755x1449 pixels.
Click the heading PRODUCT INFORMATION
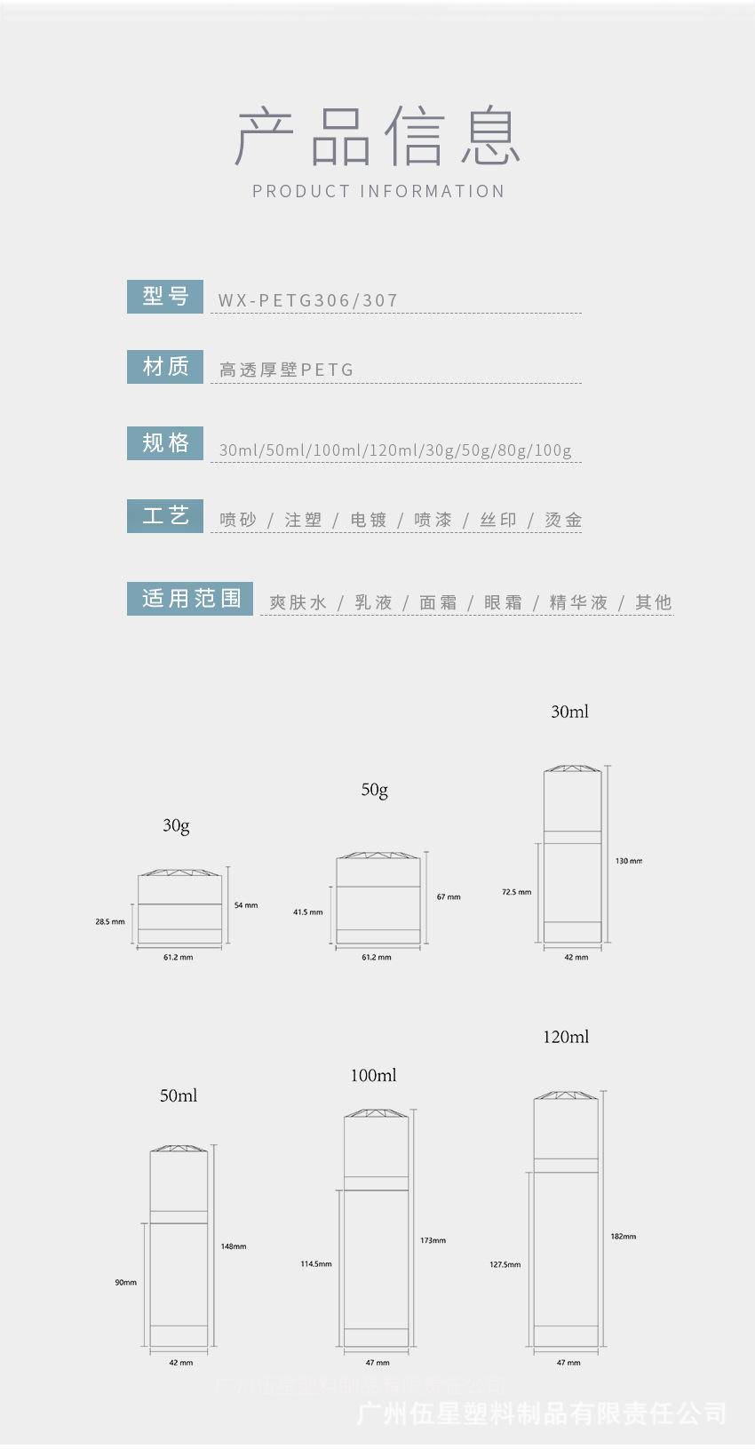pyautogui.click(x=377, y=191)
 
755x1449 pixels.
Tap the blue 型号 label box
pyautogui.click(x=165, y=296)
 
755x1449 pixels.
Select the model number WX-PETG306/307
pyautogui.click(x=307, y=300)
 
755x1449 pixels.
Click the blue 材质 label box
pyautogui.click(x=165, y=366)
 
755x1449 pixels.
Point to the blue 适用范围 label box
pyautogui.click(x=190, y=598)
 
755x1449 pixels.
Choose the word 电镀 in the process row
pyautogui.click(x=369, y=520)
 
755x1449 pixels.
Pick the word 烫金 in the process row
pyautogui.click(x=563, y=520)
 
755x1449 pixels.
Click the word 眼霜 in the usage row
pyautogui.click(x=503, y=602)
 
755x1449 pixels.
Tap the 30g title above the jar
pyautogui.click(x=176, y=825)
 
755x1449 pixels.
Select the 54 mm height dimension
pyautogui.click(x=246, y=905)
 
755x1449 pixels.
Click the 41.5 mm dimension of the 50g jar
pyautogui.click(x=308, y=912)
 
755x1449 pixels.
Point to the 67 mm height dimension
pyautogui.click(x=449, y=897)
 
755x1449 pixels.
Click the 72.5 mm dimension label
pyautogui.click(x=516, y=892)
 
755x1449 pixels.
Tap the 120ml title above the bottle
pyautogui.click(x=566, y=1037)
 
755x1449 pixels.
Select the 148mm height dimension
pyautogui.click(x=234, y=1246)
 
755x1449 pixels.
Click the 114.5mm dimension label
pyautogui.click(x=316, y=1263)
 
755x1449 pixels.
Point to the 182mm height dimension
pyautogui.click(x=624, y=1236)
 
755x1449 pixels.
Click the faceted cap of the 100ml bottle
pyautogui.click(x=377, y=1113)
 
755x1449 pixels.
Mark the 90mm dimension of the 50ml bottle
pyautogui.click(x=125, y=1282)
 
